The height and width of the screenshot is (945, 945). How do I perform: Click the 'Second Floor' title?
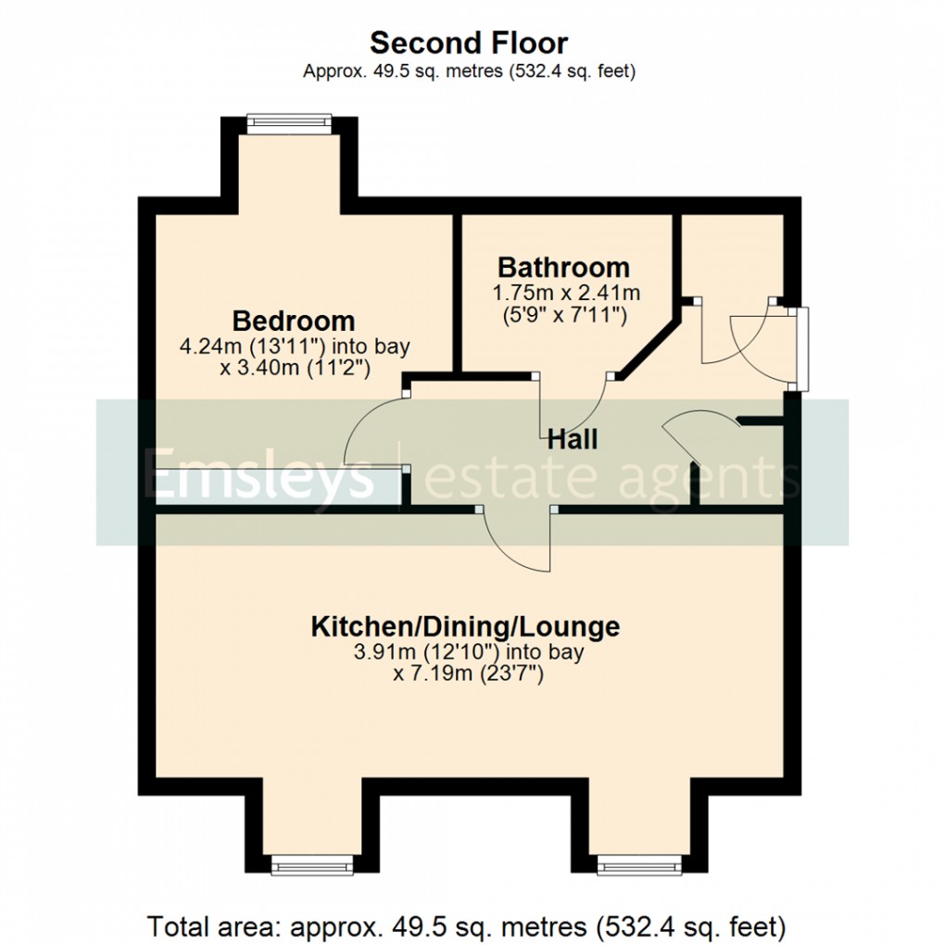click(x=469, y=43)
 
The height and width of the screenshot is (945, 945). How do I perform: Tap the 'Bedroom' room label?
click(x=294, y=321)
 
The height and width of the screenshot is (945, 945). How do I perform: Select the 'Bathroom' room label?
click(x=563, y=268)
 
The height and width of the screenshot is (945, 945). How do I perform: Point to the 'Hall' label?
click(x=571, y=439)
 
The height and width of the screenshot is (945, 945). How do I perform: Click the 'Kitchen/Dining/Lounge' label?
click(x=464, y=626)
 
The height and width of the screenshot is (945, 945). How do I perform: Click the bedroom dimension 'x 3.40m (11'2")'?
click(x=295, y=368)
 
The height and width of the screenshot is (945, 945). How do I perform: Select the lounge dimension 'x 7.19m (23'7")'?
click(x=468, y=674)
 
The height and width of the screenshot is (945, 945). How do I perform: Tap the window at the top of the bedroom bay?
click(x=289, y=119)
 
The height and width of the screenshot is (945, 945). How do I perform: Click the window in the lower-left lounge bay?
click(x=312, y=867)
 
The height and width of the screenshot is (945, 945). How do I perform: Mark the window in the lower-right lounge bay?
click(x=638, y=867)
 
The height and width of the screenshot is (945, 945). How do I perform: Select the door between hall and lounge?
click(x=514, y=537)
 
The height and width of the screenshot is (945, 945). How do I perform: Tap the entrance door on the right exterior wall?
click(x=802, y=347)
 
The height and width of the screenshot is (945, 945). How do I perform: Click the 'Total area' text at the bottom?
click(x=468, y=925)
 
